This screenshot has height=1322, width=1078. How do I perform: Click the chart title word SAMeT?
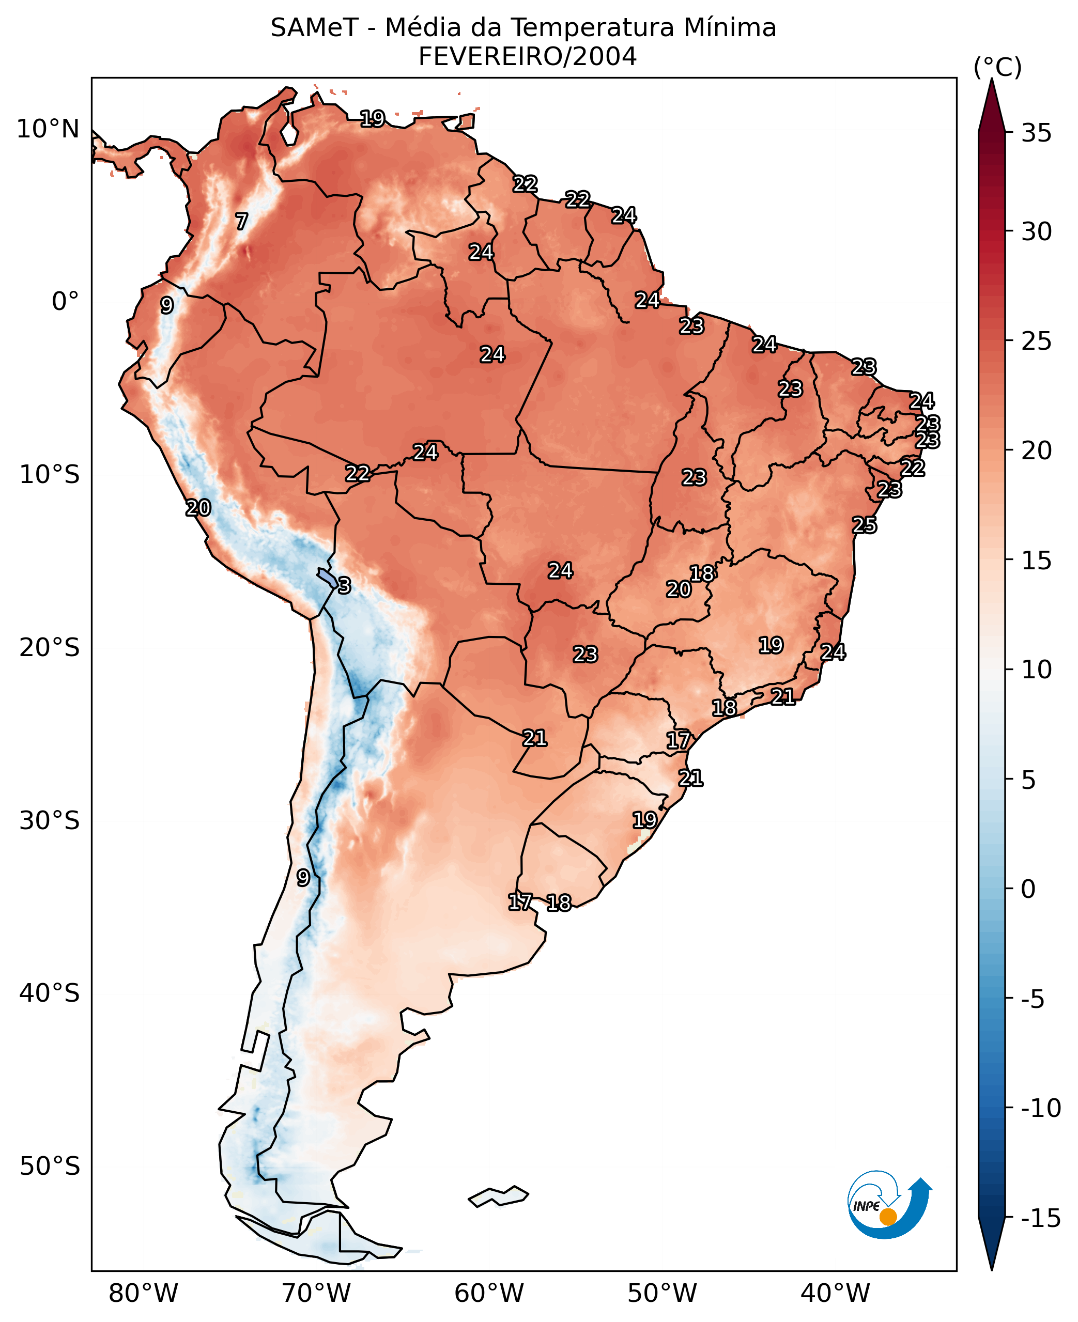coord(314,28)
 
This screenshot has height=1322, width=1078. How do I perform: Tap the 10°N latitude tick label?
coord(48,130)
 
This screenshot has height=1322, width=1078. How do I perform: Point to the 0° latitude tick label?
coord(65,302)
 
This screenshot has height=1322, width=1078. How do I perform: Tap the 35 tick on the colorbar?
coord(1036,133)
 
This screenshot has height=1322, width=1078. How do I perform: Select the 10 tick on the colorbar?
coord(1036,670)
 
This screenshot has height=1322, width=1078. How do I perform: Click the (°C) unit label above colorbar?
coord(997,67)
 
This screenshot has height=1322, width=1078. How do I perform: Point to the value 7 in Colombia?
coord(241,221)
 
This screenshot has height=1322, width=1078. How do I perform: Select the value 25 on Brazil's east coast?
coord(864,525)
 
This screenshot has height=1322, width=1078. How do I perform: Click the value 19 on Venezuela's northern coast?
coord(373,118)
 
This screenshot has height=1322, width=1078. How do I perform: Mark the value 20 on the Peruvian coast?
coord(198,508)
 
